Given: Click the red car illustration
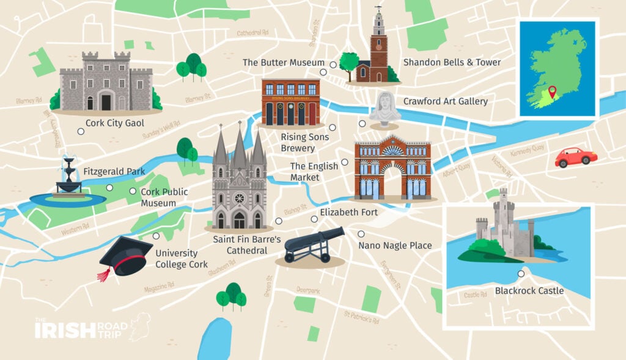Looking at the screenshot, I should pos(575,157).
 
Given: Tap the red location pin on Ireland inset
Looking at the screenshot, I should pos(553,92).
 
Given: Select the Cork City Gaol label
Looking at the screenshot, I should pos(114,123).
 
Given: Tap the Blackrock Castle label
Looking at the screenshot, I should pos(529,290).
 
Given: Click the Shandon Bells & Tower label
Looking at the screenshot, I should pos(452,62).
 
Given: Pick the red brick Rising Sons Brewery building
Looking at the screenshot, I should pos(290,102).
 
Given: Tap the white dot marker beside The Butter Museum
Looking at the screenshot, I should pos(333,64).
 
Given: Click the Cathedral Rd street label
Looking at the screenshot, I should pos(252,32).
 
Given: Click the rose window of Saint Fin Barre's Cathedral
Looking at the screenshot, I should pos(239,198).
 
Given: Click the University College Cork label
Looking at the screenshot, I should pos(176,258).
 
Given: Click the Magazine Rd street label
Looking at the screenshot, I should pos(159,287).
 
